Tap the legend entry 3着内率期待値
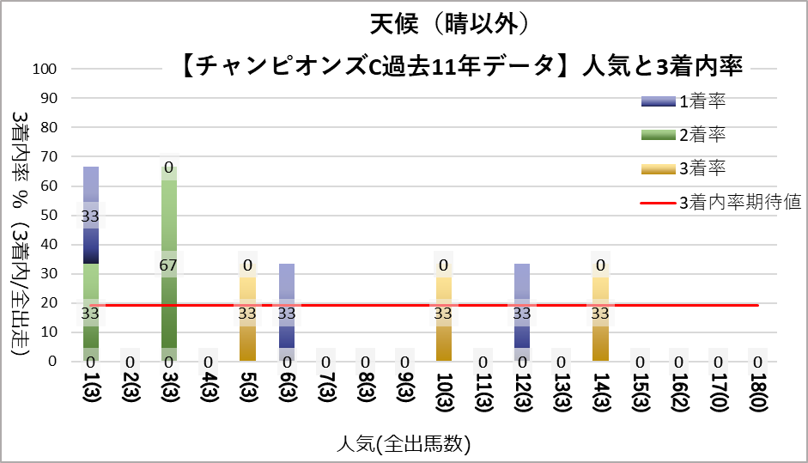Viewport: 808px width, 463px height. pos(739,203)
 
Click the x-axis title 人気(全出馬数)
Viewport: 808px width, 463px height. pos(404,444)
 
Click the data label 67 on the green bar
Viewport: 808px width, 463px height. pos(168,265)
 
